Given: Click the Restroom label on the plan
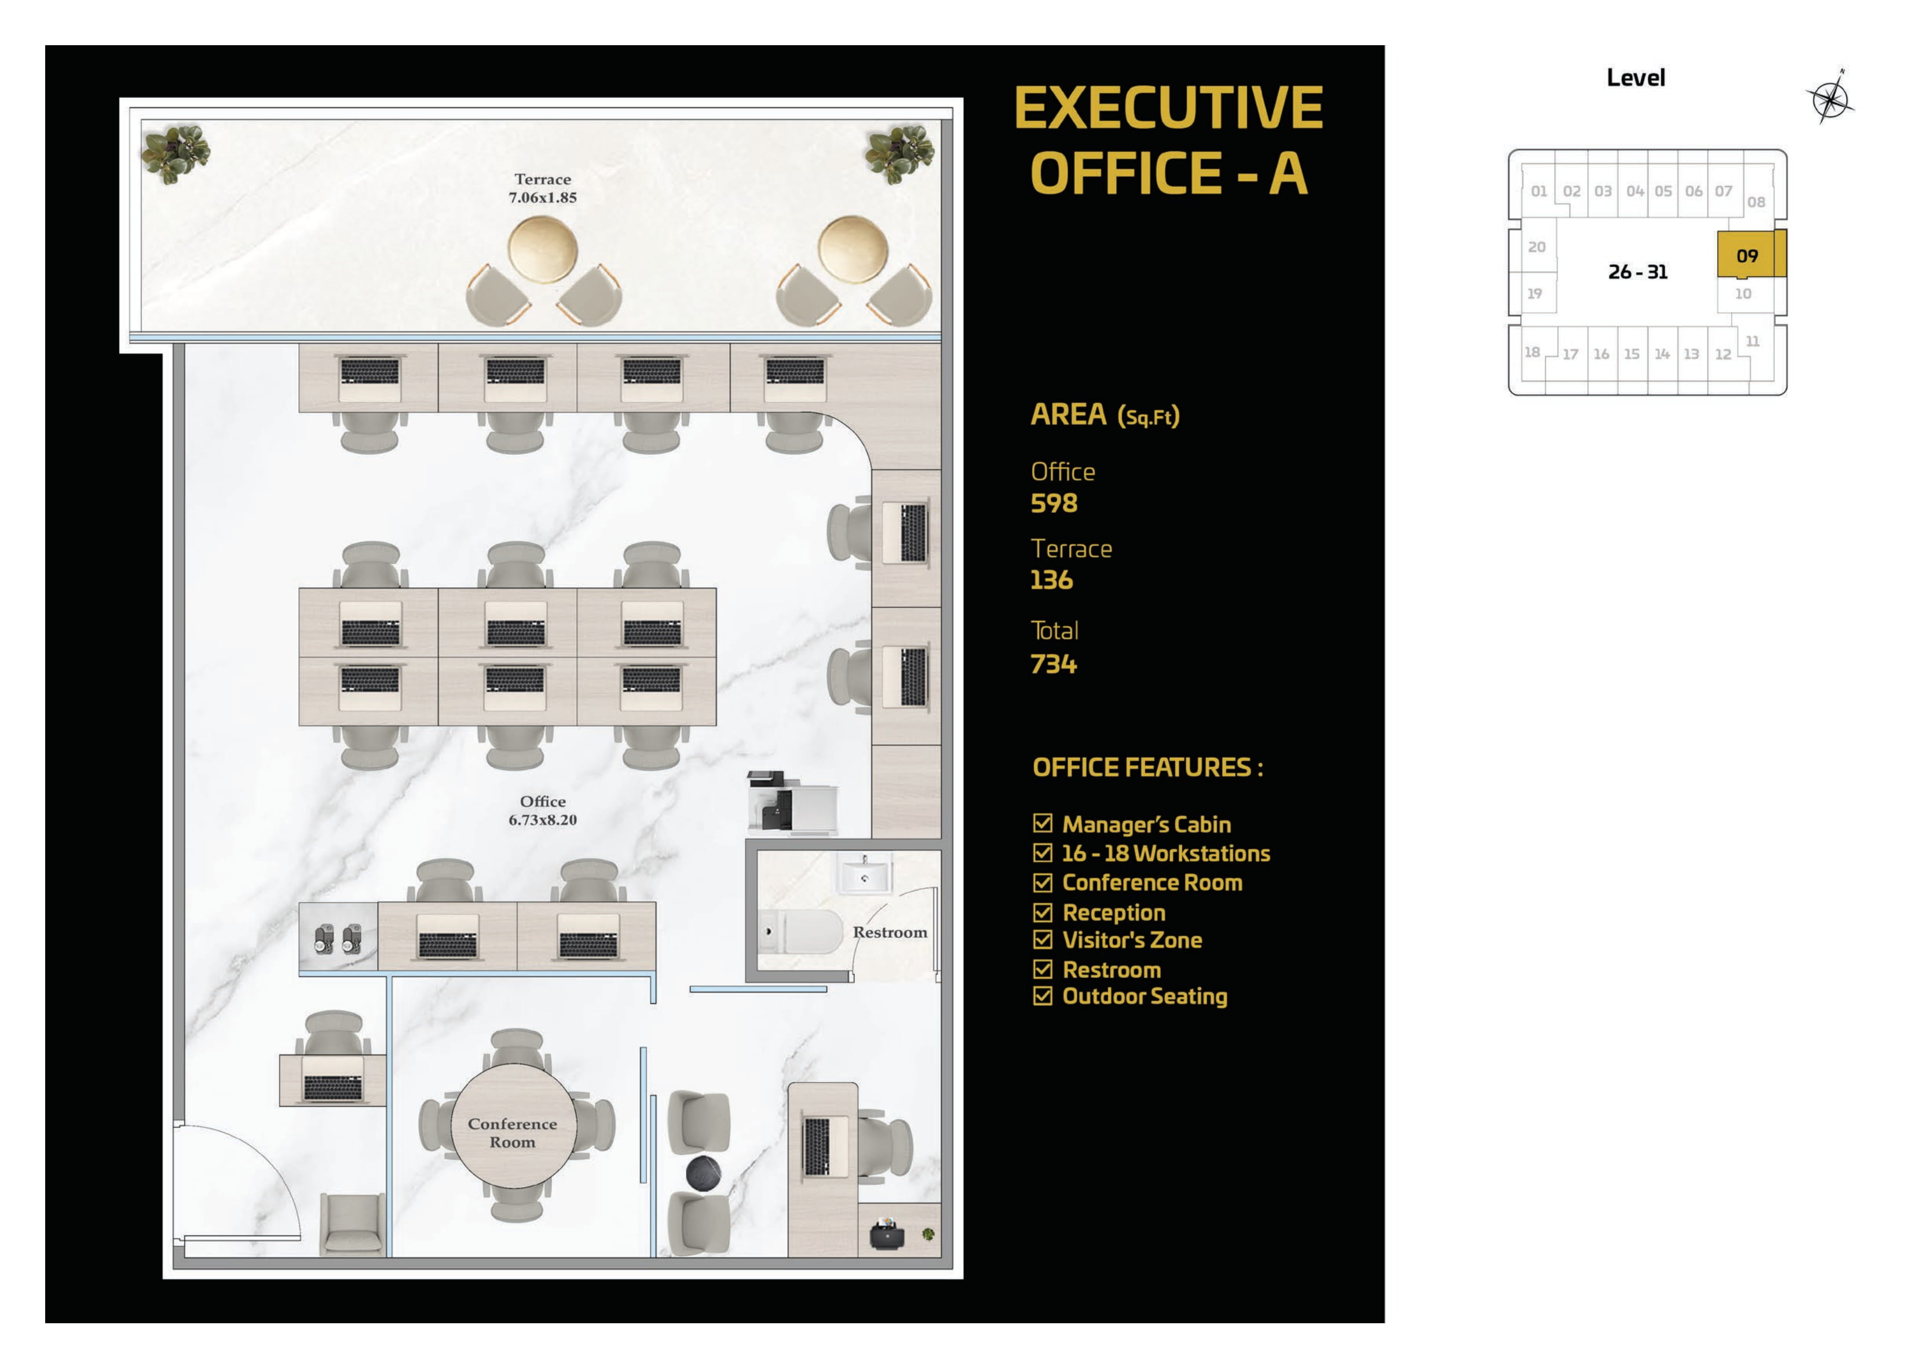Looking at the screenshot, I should click(889, 932).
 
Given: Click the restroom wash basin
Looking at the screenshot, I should click(863, 875).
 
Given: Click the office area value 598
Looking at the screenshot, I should click(1053, 503).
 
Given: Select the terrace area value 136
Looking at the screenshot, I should click(1051, 580).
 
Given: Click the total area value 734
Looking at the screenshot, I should click(1053, 665).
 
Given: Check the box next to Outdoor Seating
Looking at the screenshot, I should click(1042, 995).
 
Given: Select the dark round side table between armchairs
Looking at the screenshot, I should click(703, 1173).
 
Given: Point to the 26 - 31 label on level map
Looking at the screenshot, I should click(1637, 272).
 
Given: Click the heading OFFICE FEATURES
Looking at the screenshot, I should click(1147, 767).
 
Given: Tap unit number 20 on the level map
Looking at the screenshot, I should click(1536, 247).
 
